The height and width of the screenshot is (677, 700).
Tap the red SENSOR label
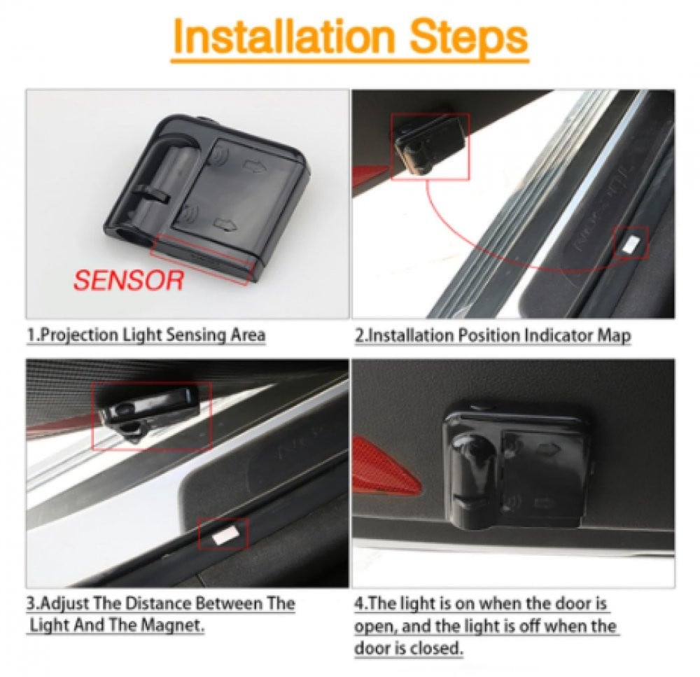[x=129, y=280]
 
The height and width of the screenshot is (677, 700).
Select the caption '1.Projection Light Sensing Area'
[x=146, y=335]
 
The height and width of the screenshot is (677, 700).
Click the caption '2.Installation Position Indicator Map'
[x=493, y=335]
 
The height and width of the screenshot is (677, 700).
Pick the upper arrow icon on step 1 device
[x=254, y=167]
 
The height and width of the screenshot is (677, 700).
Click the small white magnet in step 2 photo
[x=631, y=244]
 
